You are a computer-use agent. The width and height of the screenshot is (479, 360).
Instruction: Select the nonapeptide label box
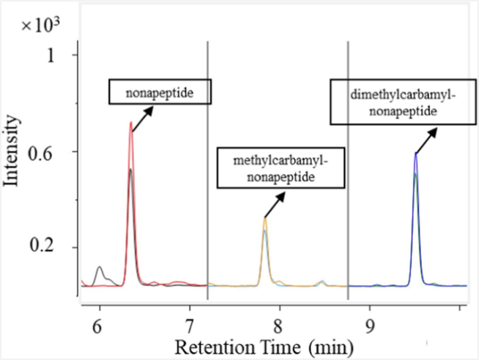click(x=160, y=91)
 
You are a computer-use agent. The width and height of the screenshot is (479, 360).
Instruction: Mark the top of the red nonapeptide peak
click(x=130, y=123)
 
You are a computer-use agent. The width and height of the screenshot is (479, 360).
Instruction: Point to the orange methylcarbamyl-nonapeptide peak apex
click(x=265, y=217)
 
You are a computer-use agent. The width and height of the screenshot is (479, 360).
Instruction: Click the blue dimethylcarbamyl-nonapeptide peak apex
click(x=416, y=153)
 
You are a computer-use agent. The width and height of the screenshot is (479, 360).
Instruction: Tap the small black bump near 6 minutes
click(x=99, y=268)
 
